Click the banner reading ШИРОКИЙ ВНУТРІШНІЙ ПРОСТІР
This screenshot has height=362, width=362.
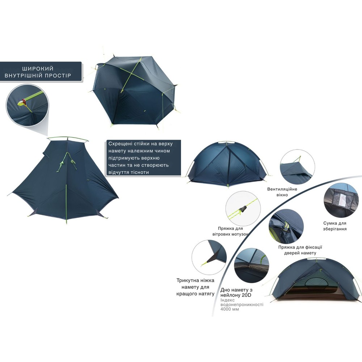[41, 72]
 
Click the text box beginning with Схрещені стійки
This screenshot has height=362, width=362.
[144, 158]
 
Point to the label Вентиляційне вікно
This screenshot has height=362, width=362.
[282, 192]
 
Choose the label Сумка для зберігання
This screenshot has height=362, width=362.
[335, 226]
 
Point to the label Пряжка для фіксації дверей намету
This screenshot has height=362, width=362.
[300, 250]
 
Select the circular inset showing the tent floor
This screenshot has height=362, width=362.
[251, 265]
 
